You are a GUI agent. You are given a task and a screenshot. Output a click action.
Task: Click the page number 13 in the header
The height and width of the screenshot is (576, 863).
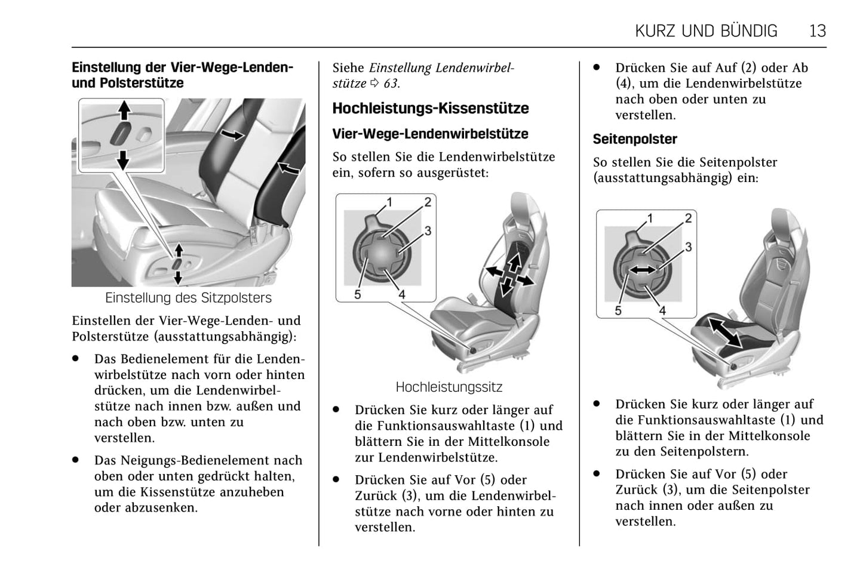(817, 30)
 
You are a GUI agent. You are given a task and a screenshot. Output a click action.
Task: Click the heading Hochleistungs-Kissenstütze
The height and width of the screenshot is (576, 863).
(430, 109)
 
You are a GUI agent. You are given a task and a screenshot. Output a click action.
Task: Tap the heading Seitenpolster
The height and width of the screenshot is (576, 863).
(634, 139)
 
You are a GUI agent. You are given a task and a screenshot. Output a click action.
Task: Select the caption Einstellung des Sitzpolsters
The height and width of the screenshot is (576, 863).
(188, 298)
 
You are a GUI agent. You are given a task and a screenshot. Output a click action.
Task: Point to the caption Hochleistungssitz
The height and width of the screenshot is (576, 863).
(449, 387)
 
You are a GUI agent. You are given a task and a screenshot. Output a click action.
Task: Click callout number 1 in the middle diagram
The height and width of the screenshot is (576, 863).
(389, 202)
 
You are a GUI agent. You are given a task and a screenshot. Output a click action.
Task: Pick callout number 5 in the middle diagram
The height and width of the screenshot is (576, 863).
(357, 294)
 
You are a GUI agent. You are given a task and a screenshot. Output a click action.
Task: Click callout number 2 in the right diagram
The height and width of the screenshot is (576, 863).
(688, 218)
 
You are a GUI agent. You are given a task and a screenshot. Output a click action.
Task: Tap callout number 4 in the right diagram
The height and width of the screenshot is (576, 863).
(662, 310)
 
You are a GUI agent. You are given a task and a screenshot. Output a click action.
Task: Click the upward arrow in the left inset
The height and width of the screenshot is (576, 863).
(124, 111)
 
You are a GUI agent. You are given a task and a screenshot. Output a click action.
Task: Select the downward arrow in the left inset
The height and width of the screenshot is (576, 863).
(123, 159)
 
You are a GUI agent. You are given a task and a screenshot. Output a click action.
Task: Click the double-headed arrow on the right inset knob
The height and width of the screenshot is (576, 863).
(642, 270)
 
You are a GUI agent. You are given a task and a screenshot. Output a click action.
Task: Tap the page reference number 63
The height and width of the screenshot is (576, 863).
(391, 84)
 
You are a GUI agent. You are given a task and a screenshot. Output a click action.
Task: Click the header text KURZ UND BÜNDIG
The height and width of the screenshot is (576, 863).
(706, 30)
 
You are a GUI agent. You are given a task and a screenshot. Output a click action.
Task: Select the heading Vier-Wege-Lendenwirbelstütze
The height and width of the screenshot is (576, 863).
(430, 134)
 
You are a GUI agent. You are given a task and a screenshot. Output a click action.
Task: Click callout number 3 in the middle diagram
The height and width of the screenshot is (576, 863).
(428, 231)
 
